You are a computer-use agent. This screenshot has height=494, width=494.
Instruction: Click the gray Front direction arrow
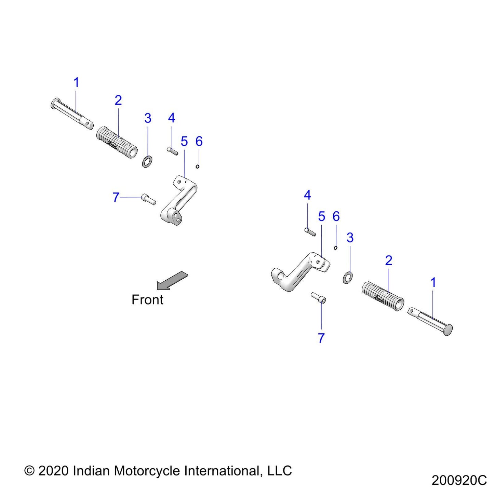(x=172, y=281)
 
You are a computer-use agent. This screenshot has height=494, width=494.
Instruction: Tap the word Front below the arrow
(x=147, y=300)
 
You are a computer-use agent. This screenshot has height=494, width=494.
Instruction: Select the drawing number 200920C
(x=459, y=480)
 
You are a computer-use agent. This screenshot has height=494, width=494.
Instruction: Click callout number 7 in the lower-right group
(x=321, y=338)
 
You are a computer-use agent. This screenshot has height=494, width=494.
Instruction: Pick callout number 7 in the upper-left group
(x=116, y=197)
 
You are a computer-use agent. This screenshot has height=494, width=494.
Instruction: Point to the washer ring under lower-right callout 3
(x=347, y=277)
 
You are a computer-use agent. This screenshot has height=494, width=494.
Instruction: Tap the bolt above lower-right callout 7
(x=318, y=298)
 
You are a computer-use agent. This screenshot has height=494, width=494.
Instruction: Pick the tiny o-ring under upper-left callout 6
(x=197, y=166)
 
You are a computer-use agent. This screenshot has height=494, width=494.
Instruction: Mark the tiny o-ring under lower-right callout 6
(x=335, y=248)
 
